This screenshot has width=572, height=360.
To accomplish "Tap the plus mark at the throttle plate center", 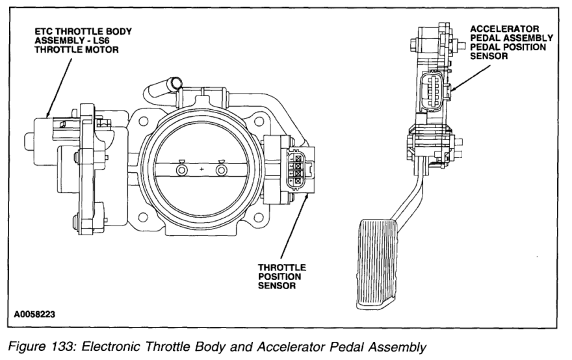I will pos(201,170).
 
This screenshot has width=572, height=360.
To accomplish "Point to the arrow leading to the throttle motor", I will pos(60,84).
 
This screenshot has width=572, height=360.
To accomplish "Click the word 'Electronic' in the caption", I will pos(105,346).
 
